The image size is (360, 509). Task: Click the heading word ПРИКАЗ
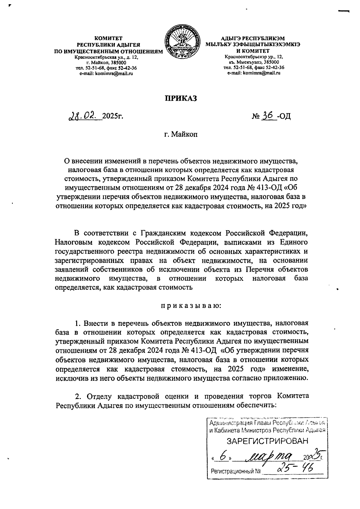180,98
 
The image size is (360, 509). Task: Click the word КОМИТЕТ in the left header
108,38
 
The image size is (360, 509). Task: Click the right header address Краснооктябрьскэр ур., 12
254,56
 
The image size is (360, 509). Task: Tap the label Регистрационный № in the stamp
236,471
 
